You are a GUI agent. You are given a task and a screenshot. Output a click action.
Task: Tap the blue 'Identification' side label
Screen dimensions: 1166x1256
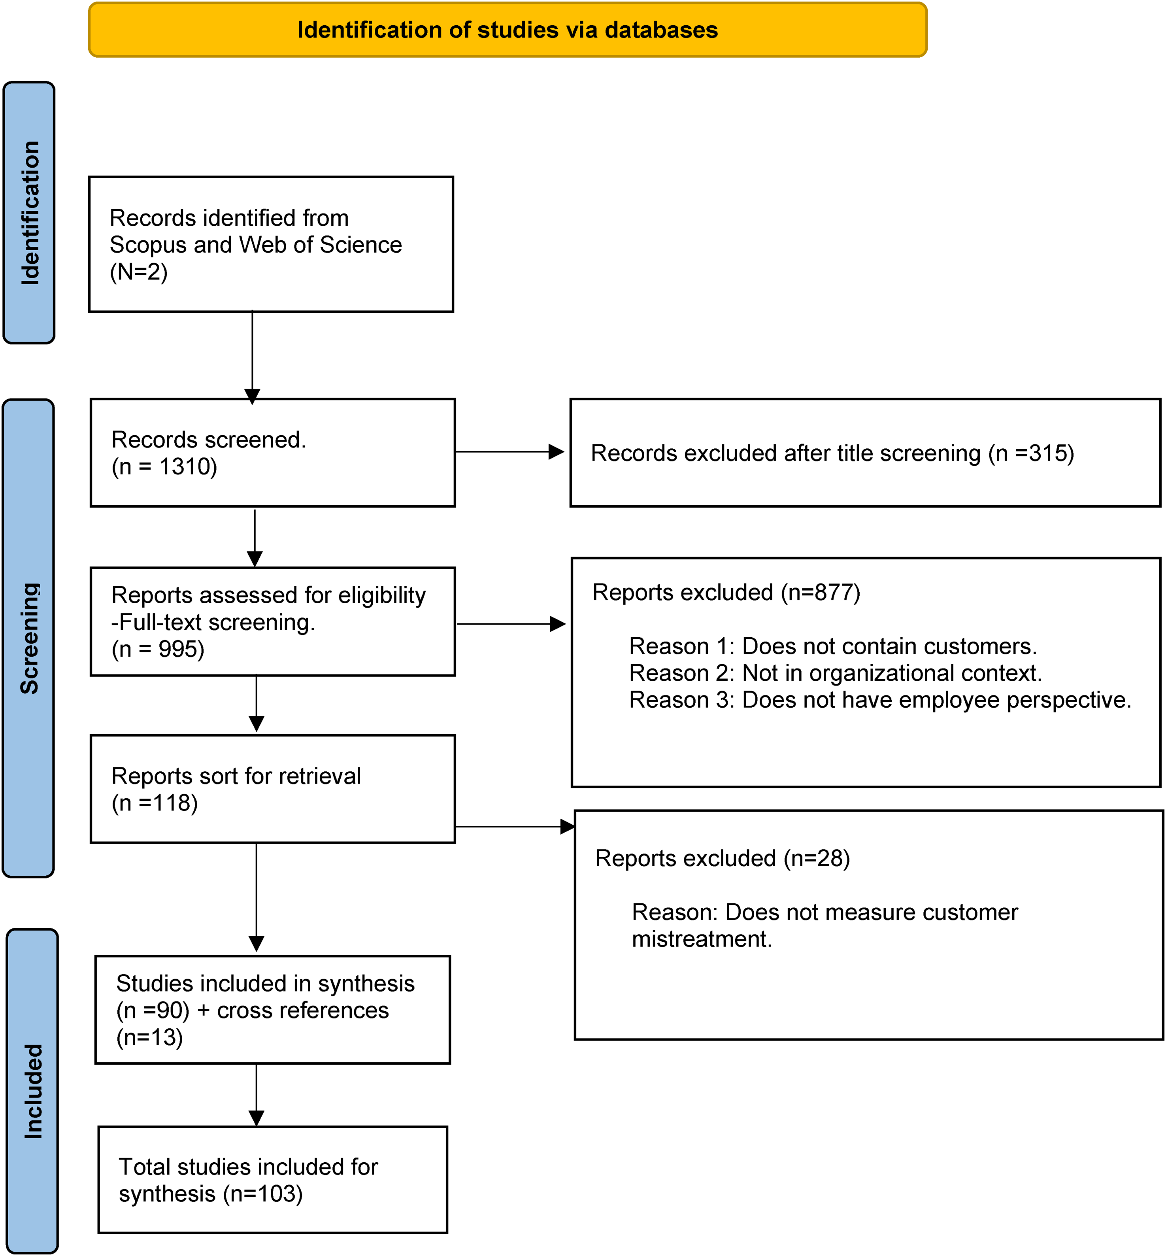click(x=30, y=213)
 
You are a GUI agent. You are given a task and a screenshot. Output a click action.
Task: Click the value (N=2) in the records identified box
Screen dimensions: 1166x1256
click(x=139, y=272)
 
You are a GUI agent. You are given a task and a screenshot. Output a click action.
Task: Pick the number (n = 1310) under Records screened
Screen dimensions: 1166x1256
click(x=164, y=467)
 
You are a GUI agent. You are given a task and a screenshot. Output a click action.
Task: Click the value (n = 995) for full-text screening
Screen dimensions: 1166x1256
click(x=158, y=649)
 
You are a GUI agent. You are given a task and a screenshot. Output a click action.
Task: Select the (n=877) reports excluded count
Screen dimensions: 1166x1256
click(x=820, y=593)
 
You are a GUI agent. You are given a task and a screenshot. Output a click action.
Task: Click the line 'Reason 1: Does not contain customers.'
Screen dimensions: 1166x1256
click(x=833, y=646)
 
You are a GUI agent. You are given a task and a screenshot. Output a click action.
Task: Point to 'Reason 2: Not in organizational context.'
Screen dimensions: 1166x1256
click(x=836, y=673)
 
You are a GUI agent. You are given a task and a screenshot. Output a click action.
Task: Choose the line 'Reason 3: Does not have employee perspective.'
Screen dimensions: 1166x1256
click(x=880, y=700)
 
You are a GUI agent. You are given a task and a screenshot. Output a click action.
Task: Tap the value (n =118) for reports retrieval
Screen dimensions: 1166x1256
click(x=155, y=803)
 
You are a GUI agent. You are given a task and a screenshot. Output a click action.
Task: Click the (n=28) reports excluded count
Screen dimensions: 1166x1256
click(x=817, y=858)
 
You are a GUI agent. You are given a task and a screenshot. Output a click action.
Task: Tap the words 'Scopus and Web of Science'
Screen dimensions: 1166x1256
click(x=256, y=245)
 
